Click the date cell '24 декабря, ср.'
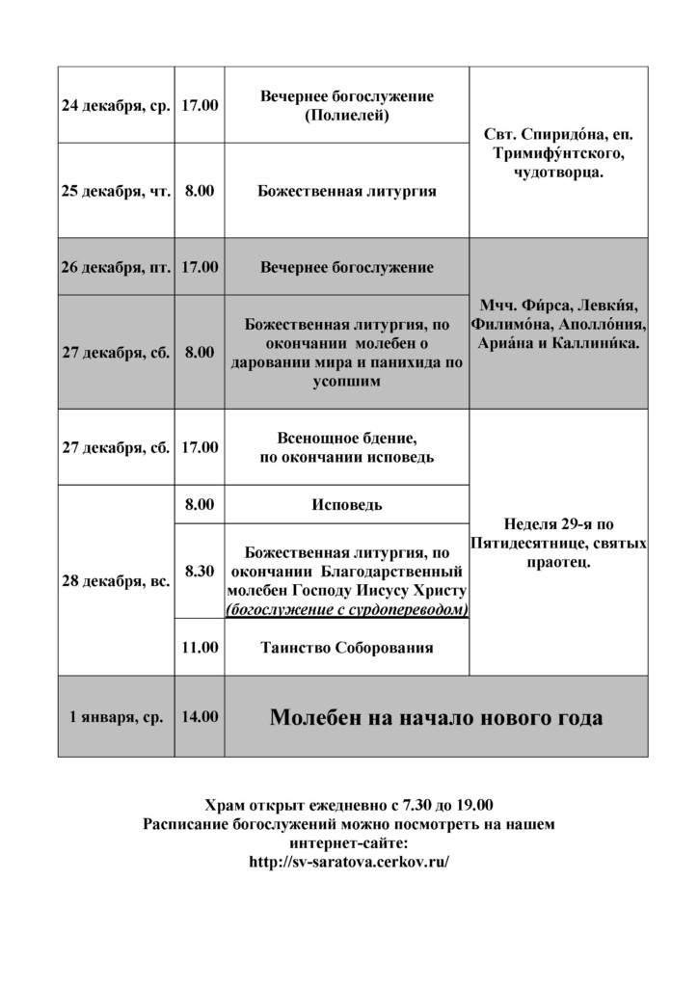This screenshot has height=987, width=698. pyautogui.click(x=116, y=105)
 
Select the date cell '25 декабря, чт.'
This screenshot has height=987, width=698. pyautogui.click(x=116, y=191)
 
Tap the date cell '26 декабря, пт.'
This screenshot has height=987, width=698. pyautogui.click(x=116, y=267)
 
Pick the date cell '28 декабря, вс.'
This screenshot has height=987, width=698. pyautogui.click(x=116, y=581)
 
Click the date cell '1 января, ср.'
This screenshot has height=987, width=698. pyautogui.click(x=116, y=717)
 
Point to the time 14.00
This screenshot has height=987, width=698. pyautogui.click(x=200, y=717)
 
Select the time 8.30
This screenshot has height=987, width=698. pyautogui.click(x=200, y=571)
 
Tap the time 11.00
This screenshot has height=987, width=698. pyautogui.click(x=200, y=648)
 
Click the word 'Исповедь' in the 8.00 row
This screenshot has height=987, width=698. pyautogui.click(x=347, y=505)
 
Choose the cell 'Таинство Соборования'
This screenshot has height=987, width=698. pyautogui.click(x=347, y=648)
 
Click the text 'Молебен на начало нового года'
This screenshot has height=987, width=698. pyautogui.click(x=437, y=718)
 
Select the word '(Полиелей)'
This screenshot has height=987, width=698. pyautogui.click(x=347, y=115)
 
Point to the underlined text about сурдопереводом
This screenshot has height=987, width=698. pyautogui.click(x=347, y=609)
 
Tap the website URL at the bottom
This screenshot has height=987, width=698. pyautogui.click(x=349, y=862)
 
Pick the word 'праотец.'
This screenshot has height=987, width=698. pyautogui.click(x=559, y=561)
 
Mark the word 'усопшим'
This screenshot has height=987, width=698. pyautogui.click(x=347, y=382)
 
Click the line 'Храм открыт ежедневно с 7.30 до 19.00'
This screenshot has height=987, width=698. pyautogui.click(x=349, y=805)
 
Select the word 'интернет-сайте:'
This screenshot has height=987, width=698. pyautogui.click(x=349, y=842)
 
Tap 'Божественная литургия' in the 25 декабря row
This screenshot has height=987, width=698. pyautogui.click(x=347, y=191)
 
